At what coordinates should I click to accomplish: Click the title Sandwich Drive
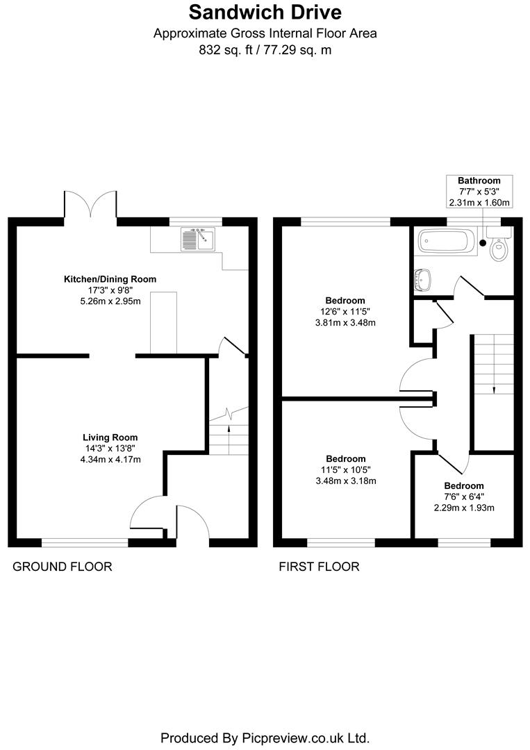point(265,12)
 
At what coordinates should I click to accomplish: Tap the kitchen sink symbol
point(198,240)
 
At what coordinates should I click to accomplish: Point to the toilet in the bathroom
point(498,248)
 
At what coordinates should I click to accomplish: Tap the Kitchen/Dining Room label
point(110,279)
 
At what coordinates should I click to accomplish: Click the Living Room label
point(110,437)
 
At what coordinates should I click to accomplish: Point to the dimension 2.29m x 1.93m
point(463,508)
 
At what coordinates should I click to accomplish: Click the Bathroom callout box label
point(479,181)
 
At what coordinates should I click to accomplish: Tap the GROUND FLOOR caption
point(63,567)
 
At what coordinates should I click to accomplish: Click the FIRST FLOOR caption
point(319,567)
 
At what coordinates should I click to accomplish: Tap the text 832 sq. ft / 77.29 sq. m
point(265,49)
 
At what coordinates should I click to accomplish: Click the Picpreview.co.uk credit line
point(265,737)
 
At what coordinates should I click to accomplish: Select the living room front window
point(85,542)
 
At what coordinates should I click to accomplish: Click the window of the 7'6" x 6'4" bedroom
point(463,542)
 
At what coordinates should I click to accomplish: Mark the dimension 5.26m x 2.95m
point(110,301)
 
